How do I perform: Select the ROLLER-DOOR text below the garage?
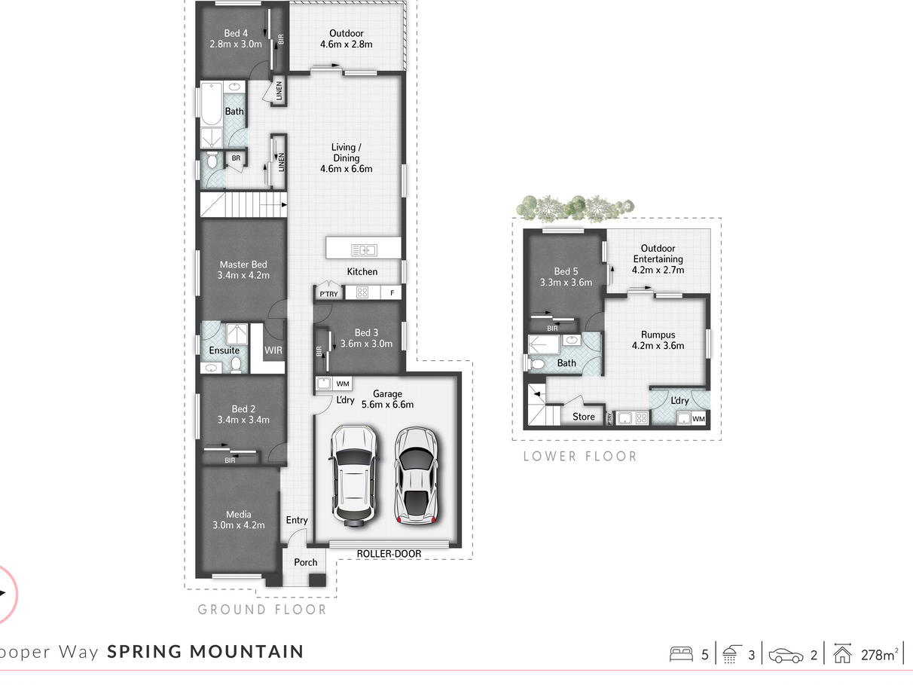[389, 554]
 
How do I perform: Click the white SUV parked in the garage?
[354, 476]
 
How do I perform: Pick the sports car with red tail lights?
[416, 476]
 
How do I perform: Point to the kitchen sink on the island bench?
[364, 250]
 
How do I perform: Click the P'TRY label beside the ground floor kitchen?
[328, 294]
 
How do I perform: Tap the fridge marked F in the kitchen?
[392, 293]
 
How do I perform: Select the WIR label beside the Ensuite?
[273, 350]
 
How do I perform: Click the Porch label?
[306, 562]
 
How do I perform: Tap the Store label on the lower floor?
[583, 417]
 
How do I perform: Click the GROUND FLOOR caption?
[262, 610]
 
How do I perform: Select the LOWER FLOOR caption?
[580, 456]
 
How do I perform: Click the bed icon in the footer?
[681, 654]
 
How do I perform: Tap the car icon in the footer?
[786, 656]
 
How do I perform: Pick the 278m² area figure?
[879, 655]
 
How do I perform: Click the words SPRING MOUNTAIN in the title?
[206, 652]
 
